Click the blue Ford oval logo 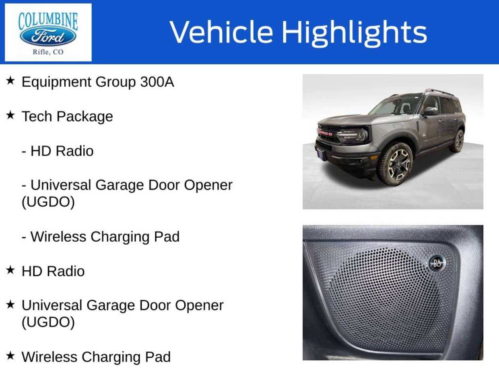point(48,37)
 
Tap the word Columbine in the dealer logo point(48,21)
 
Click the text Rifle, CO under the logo point(48,52)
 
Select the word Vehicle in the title point(221,31)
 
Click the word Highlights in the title point(355,34)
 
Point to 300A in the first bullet point(157,82)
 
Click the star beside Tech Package point(10,115)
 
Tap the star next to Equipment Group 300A point(10,80)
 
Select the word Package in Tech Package point(85,117)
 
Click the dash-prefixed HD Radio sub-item point(58,151)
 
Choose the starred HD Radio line point(53,271)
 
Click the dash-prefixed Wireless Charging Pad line point(101,237)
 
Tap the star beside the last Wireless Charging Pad point(10,356)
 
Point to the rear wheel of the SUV point(458,141)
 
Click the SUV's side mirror point(430,111)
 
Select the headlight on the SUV point(354,135)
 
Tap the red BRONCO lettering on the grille point(325,133)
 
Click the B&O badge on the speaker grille point(437,263)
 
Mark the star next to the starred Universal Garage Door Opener point(10,305)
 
